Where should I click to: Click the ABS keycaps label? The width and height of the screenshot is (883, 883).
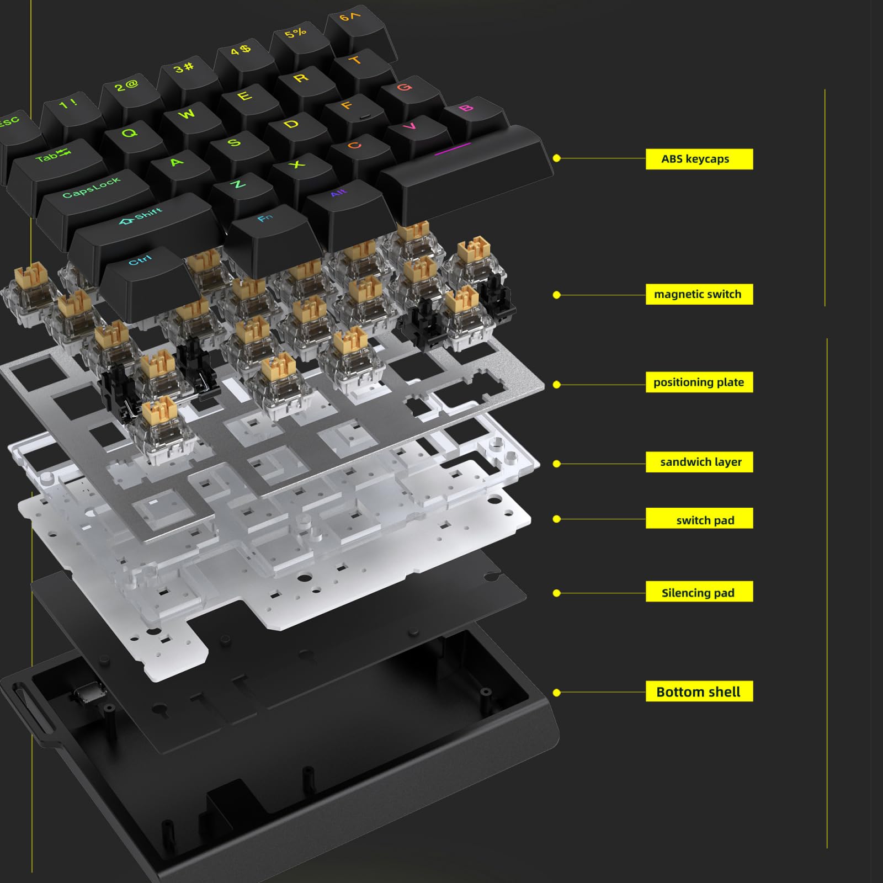(699, 159)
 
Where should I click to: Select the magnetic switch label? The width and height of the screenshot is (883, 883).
(699, 294)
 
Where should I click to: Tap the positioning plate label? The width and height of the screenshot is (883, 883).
(699, 382)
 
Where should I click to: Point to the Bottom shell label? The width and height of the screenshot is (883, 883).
(699, 691)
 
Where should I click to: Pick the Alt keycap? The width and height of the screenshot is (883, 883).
(341, 199)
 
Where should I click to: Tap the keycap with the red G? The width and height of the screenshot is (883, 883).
(406, 91)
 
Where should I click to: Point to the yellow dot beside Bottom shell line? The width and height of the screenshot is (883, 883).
(556, 692)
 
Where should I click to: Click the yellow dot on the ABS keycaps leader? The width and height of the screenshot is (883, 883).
(556, 158)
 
